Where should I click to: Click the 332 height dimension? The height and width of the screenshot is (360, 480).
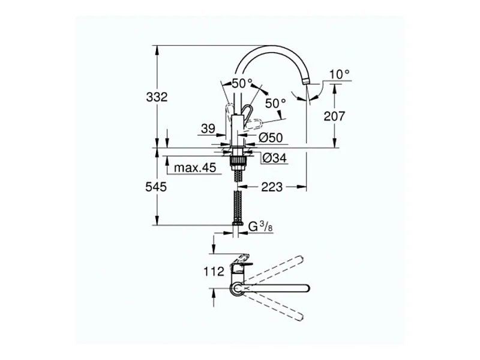157,97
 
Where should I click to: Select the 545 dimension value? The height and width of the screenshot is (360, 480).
156,187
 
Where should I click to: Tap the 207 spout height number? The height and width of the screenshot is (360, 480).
334,116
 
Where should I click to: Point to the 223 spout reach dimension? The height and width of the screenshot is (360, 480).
272,187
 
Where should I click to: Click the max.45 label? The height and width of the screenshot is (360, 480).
195,167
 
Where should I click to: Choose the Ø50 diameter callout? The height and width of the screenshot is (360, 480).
271,138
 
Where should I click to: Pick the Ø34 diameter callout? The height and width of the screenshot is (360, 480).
275,158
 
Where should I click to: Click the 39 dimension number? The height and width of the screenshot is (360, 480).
208,128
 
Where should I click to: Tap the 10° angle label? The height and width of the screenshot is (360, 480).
340,74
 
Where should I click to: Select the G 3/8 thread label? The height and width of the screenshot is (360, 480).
260,227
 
